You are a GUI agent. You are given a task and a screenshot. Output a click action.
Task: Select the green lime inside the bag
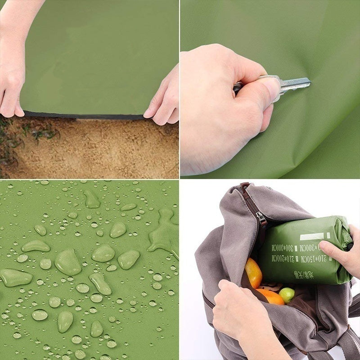[x=287, y=295]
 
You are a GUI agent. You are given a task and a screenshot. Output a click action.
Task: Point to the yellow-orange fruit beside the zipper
[x=253, y=273]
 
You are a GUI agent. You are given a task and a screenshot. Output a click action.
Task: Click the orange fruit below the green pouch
[x=270, y=297]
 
